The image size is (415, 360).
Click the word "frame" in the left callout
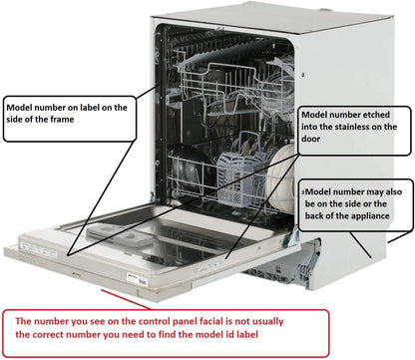pyautogui.click(x=62, y=120)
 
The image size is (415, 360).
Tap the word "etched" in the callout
pyautogui.click(x=376, y=115)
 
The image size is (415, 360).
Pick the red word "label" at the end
pyautogui.click(x=247, y=334)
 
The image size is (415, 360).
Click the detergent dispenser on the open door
pyautogui.click(x=120, y=236)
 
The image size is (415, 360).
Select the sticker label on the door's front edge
pyautogui.click(x=137, y=279)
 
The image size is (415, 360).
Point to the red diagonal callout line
pyautogui.click(x=126, y=299)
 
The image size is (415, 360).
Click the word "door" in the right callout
pyautogui.click(x=310, y=139)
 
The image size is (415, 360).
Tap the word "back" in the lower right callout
pyautogui.click(x=314, y=215)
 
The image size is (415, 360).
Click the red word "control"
pyautogui.click(x=154, y=321)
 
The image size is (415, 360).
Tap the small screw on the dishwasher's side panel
pyautogui.click(x=302, y=75)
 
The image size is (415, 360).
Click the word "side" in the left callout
pyautogui.click(x=13, y=120)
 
